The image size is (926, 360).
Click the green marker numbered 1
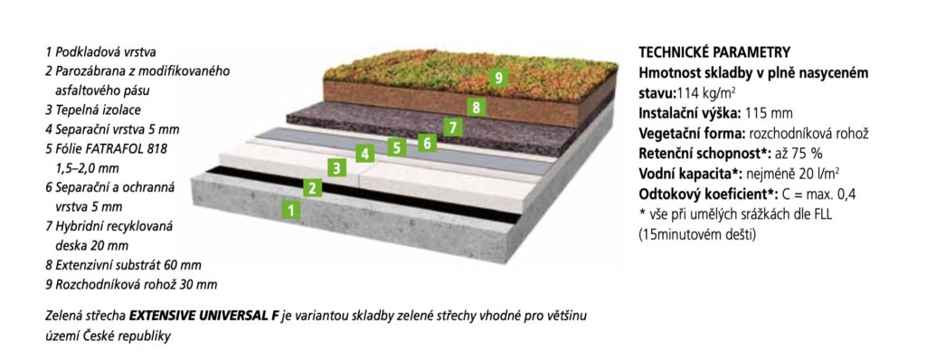coord(290,209)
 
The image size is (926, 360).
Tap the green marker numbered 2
coord(312,188)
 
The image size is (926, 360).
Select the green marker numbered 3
coord(336,168)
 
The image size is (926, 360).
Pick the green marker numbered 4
coord(365,155)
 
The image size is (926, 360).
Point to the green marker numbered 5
coord(397,147)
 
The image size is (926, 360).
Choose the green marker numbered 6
coord(427,143)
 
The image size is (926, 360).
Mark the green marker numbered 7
coord(453,128)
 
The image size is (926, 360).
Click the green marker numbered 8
coord(476,108)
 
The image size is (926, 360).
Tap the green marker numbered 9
coord(499,78)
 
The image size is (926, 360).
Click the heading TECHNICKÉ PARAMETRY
coord(714,52)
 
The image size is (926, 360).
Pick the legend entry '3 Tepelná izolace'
coord(93,110)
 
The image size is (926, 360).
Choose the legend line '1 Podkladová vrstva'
coord(100,52)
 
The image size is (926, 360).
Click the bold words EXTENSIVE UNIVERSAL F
coord(203,317)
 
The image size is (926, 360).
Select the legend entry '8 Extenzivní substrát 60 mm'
coord(123,265)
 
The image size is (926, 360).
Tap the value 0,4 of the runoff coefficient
coord(846,194)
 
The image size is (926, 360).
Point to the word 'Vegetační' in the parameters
coord(666,134)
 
